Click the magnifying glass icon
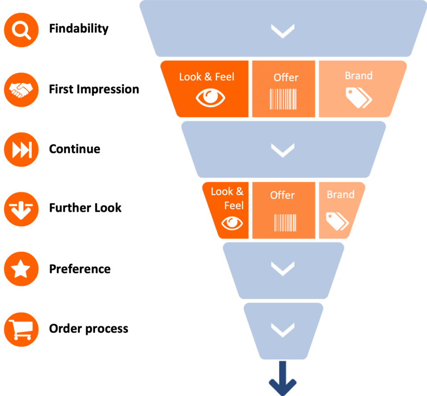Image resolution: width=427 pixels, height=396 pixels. (x=21, y=30)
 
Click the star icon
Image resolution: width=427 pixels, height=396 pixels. (x=21, y=270)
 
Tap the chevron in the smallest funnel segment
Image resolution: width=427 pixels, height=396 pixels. (x=283, y=330)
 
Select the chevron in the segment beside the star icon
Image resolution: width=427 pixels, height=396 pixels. (x=283, y=269)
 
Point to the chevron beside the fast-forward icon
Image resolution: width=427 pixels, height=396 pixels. (x=283, y=150)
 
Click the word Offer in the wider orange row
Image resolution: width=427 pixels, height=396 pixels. (x=286, y=78)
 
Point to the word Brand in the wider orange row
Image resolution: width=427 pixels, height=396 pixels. (x=359, y=76)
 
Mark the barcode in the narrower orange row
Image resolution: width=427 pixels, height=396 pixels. (x=285, y=223)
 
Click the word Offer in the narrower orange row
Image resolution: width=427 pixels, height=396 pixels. (x=282, y=195)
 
